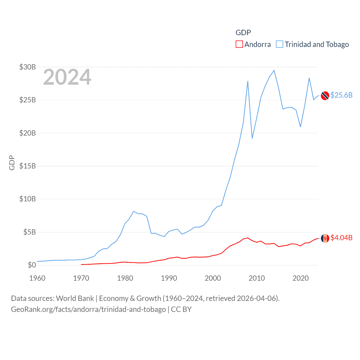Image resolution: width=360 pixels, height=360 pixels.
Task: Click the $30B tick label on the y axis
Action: coord(27,67)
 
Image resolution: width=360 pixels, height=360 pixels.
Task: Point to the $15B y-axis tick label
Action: coord(27,166)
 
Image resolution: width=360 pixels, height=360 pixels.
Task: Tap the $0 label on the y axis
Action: coord(32,265)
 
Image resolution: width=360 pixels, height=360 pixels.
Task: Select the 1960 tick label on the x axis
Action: coord(37,278)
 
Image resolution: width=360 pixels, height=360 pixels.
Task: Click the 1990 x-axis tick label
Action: coord(169,278)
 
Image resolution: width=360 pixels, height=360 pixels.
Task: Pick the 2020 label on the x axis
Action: coord(301,278)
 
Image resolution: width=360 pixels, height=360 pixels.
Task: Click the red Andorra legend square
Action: coord(239,44)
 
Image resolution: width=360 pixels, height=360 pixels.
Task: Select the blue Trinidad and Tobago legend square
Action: coord(280,44)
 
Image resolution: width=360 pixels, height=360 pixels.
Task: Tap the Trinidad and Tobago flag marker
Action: coord(325,96)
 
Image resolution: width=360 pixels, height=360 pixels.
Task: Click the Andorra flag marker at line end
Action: coord(325,238)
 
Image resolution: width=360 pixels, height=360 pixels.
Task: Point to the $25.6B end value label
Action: coord(341,95)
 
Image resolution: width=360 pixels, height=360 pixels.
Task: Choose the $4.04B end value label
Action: coord(341,238)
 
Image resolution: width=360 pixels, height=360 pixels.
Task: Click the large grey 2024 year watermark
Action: coord(67,77)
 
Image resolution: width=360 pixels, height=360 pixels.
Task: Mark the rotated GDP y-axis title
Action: coord(12,163)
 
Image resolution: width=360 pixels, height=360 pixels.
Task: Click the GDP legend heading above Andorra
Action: coord(243,33)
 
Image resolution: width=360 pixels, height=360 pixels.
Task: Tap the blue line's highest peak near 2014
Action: coord(274,70)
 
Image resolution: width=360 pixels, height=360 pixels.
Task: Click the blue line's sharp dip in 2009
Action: coord(252,138)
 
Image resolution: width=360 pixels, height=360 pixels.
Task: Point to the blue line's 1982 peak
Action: coord(134,211)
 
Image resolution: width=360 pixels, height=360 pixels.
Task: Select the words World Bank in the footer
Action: coord(75,298)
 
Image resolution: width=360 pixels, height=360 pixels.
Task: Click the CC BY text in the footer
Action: coord(181,309)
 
